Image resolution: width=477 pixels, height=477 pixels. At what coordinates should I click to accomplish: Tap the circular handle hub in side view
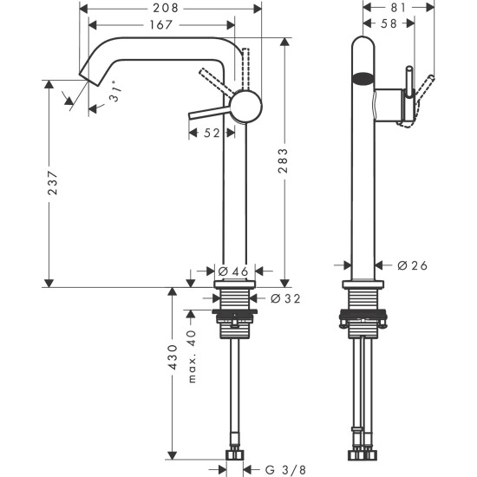coord(244,106)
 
